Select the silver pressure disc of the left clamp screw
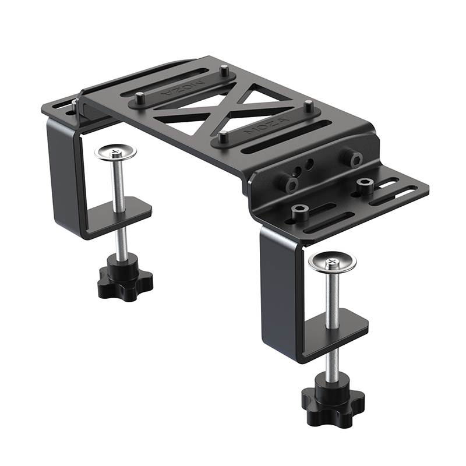coord(115,153)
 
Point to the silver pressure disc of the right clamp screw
coord(333,262)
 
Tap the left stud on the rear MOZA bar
coord(140,98)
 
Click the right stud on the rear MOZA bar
coord(225,72)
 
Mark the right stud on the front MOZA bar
coord(309,107)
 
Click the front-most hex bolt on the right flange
coord(300,211)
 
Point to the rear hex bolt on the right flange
coord(365,185)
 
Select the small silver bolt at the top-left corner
coord(74,103)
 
